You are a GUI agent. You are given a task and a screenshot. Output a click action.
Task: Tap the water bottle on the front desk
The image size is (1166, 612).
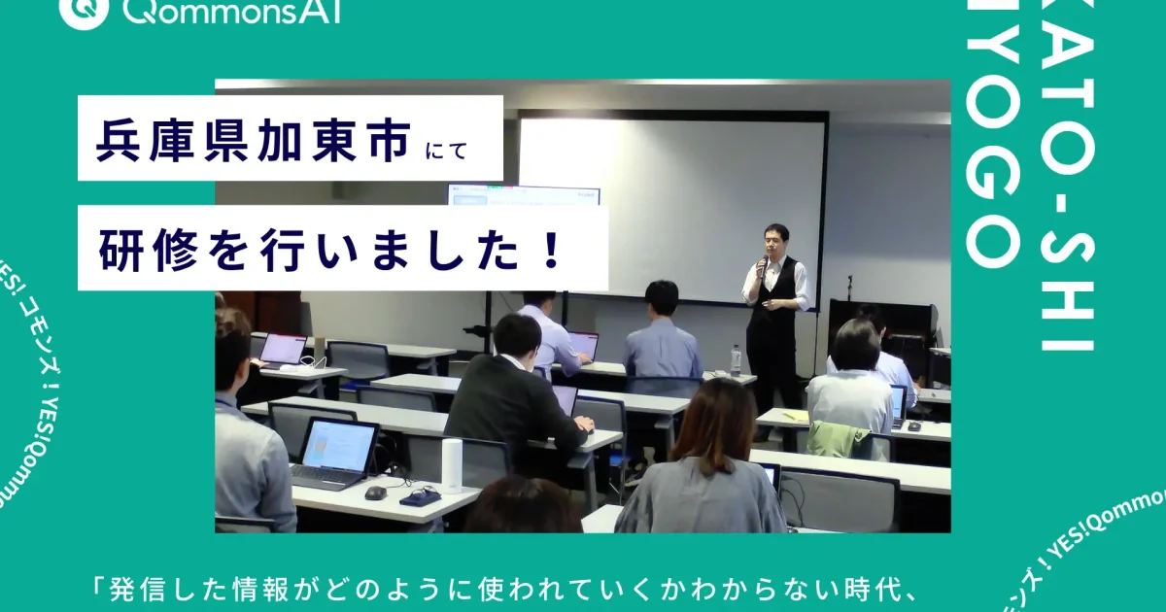pos(736,360)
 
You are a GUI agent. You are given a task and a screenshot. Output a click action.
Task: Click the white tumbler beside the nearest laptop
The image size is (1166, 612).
pos(452,465)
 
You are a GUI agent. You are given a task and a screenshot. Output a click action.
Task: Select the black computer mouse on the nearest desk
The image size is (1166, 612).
pos(375,493)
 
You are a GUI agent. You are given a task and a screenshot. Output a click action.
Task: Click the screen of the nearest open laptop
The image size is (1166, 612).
pos(337,445)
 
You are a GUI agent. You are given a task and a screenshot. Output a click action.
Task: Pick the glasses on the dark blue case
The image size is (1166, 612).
pos(421,495)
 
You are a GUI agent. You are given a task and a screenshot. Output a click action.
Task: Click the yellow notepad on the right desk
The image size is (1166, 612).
pos(796,417)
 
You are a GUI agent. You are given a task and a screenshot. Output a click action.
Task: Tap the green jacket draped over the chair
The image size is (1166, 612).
pos(839,439)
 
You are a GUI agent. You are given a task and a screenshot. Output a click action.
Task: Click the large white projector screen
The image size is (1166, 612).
pos(670,204)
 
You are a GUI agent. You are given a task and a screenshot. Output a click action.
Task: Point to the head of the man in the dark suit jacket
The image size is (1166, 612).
pos(516,335)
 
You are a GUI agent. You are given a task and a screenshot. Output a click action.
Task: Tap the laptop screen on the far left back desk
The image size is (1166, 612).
pos(284,349)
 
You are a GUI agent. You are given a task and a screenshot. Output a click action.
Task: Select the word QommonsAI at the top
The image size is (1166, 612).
pos(233,12)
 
